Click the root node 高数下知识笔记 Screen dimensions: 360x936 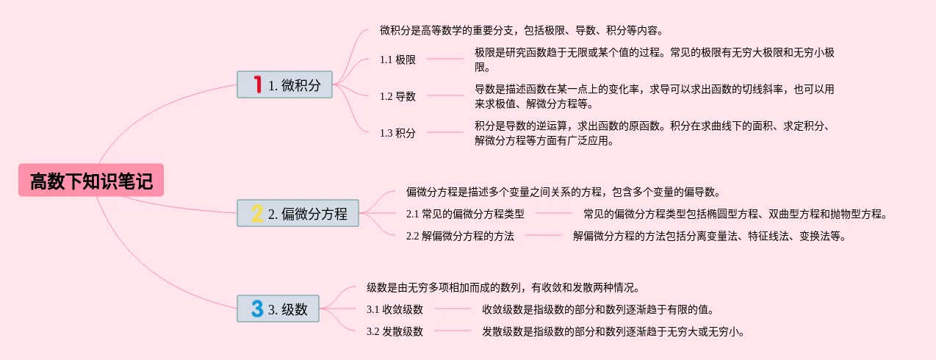(x=91, y=181)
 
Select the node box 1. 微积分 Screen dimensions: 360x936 (x=285, y=84)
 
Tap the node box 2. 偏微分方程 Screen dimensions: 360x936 (x=298, y=213)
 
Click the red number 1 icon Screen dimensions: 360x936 (x=257, y=84)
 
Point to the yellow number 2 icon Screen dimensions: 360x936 (x=257, y=213)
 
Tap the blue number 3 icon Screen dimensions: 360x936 (x=257, y=309)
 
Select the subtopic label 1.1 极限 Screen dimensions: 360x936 (x=397, y=60)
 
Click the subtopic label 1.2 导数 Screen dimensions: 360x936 (x=397, y=96)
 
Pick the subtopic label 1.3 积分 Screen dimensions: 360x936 (x=397, y=133)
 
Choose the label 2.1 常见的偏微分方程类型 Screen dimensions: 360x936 (x=465, y=214)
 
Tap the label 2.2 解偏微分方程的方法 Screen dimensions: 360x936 (x=460, y=236)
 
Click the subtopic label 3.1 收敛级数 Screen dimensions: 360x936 (x=395, y=309)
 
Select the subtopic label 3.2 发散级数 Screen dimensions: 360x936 (x=395, y=331)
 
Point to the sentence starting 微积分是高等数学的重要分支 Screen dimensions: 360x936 (x=522, y=31)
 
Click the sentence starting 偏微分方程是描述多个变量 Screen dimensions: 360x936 (x=562, y=192)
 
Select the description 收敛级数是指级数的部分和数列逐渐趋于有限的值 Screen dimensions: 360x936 (x=597, y=309)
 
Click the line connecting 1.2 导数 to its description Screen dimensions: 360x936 (x=445, y=96)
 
